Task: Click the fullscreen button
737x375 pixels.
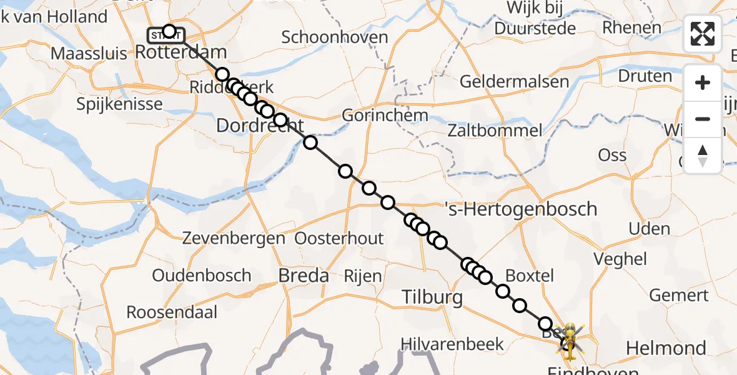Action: click(703, 34)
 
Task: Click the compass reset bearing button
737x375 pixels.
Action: click(703, 156)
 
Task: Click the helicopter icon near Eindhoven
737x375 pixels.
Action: click(570, 338)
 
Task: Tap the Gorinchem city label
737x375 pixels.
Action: click(385, 116)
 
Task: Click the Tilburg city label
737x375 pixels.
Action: click(432, 297)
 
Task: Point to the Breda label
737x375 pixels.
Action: click(304, 275)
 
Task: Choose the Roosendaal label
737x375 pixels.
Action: click(172, 312)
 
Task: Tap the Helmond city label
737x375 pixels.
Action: click(666, 348)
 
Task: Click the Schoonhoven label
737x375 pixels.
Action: click(335, 37)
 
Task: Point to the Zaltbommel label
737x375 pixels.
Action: click(495, 131)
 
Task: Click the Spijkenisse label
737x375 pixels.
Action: click(119, 104)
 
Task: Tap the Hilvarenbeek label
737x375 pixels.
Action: click(443, 343)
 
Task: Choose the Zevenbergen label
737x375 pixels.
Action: click(234, 238)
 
